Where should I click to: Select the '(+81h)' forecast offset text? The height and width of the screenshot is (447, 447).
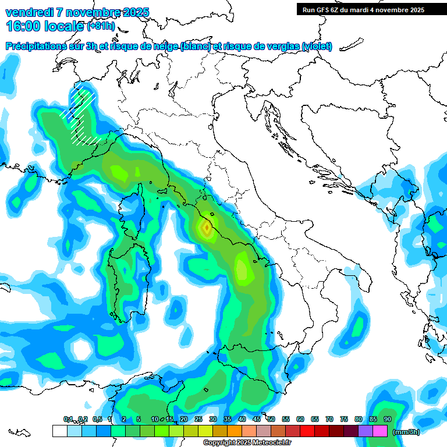pos(100,26)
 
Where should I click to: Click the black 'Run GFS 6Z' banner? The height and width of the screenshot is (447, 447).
pos(363,10)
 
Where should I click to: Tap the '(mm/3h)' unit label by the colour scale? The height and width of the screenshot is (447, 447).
pos(406,432)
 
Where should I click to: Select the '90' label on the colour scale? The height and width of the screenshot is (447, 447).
pos(387,419)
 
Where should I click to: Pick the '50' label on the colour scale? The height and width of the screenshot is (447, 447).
pos(271,419)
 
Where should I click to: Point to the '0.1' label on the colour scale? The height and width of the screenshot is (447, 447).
pos(68,419)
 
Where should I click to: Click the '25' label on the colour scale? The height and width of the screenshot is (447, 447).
pos(198,419)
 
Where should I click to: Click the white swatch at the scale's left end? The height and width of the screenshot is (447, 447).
pos(59,431)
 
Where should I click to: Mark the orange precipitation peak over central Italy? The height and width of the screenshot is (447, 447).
pos(206,228)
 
